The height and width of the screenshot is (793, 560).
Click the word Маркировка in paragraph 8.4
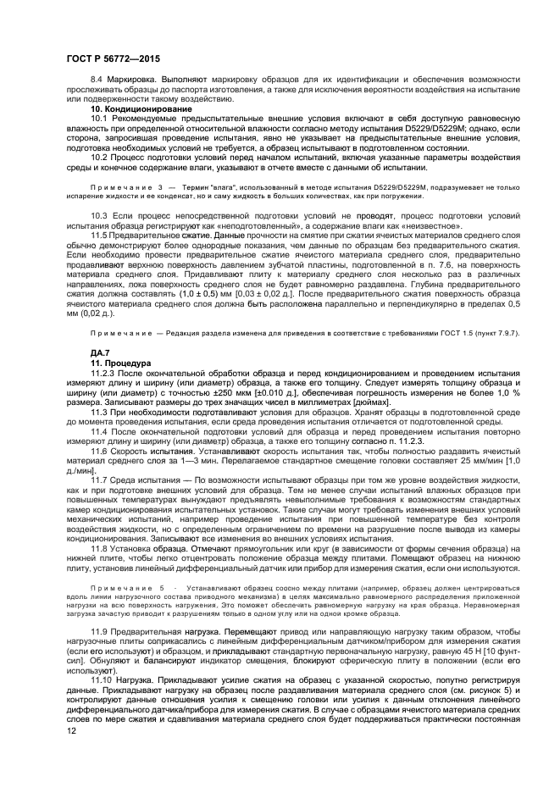pyautogui.click(x=127, y=77)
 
